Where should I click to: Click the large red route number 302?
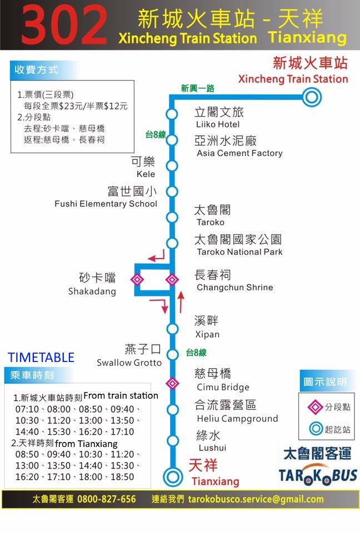[x=64, y=25]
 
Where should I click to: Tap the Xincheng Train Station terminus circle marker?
[x=312, y=98]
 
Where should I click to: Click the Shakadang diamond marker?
[x=137, y=279]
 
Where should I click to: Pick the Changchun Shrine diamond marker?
[x=172, y=279]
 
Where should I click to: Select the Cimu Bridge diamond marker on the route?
[x=173, y=383]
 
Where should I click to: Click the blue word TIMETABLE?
[x=41, y=357]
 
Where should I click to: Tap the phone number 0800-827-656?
[x=106, y=499]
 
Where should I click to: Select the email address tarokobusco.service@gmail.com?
[x=256, y=499]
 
